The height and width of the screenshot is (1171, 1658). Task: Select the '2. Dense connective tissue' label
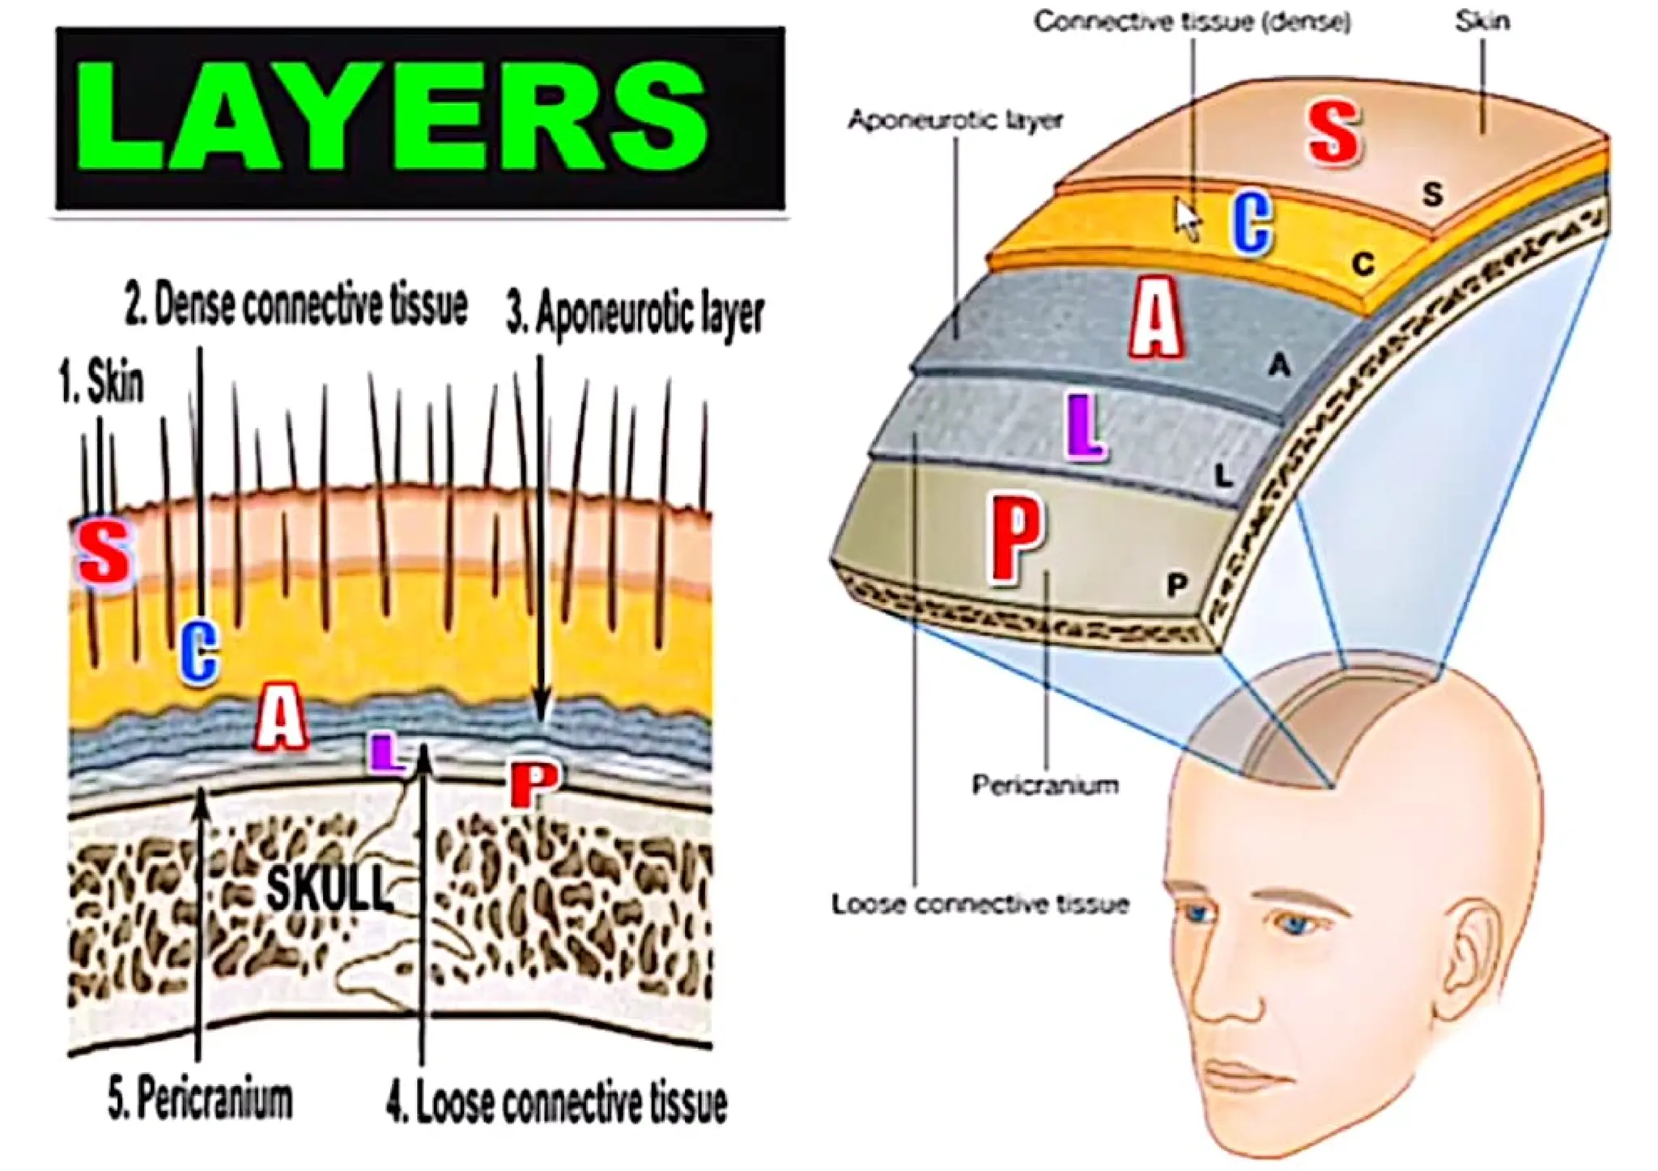coord(296,305)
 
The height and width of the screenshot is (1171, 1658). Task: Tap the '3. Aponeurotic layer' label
coord(635,314)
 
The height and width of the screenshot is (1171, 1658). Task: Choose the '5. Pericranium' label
coord(200,1100)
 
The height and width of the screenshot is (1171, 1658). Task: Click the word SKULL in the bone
coord(328,888)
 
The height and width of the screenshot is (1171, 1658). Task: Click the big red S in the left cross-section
coord(104,552)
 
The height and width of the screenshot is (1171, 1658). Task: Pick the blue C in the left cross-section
coord(198,651)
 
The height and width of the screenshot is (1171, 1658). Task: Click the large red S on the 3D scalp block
coord(1333,133)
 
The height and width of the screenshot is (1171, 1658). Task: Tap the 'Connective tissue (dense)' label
coord(1192,22)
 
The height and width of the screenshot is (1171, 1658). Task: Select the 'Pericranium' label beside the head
coord(1045,785)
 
